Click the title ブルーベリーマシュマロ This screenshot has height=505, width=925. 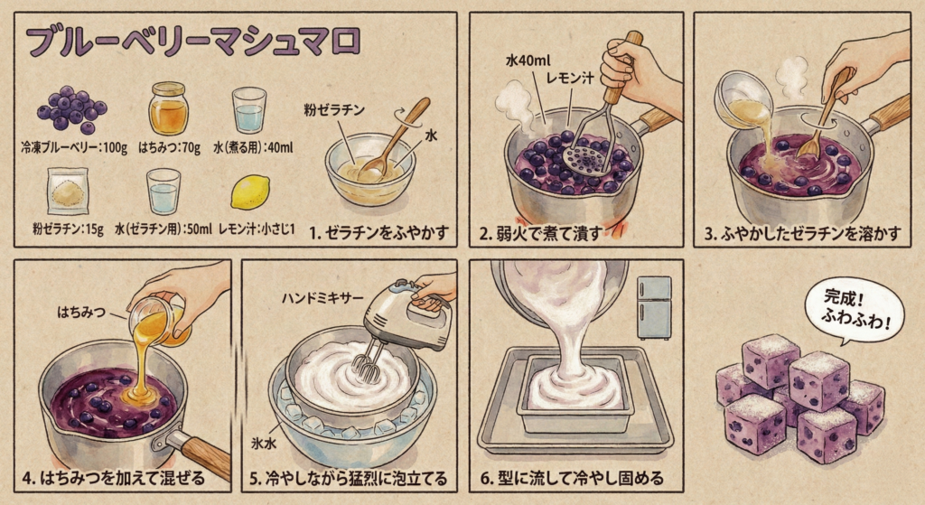coord(193,42)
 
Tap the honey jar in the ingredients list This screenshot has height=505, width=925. coord(168,108)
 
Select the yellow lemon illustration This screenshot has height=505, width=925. coord(250,192)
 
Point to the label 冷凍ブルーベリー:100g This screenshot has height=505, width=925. coord(74,147)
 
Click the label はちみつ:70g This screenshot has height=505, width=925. coord(169,147)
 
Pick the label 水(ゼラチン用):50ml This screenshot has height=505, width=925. coord(163,229)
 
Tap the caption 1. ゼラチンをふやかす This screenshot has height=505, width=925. coord(378,232)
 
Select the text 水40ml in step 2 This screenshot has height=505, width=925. coord(528,61)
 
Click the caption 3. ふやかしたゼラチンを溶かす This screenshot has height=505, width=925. coord(802,234)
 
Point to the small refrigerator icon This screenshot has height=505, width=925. coord(654,307)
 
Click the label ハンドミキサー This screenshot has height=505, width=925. coord(322,298)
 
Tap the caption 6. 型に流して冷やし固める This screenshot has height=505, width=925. coord(572,478)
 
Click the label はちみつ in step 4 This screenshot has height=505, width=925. coord(81,312)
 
